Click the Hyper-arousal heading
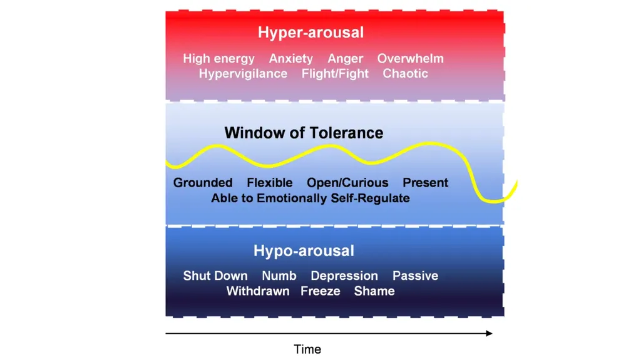tap(310, 33)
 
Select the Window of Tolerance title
tap(304, 133)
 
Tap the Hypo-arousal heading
tap(304, 251)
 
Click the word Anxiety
tap(290, 59)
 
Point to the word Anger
tap(345, 59)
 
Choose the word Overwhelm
tap(411, 58)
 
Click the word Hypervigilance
tap(243, 74)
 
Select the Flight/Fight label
tap(335, 74)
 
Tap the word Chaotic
tap(405, 74)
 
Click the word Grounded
tap(203, 182)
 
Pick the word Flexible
tap(269, 182)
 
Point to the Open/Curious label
tap(347, 183)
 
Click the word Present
tap(425, 182)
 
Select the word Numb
tap(279, 275)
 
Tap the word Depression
tap(344, 276)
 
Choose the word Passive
tap(416, 275)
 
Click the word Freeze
tap(320, 291)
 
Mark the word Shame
tap(374, 291)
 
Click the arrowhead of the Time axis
tap(490, 334)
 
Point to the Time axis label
tap(307, 349)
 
